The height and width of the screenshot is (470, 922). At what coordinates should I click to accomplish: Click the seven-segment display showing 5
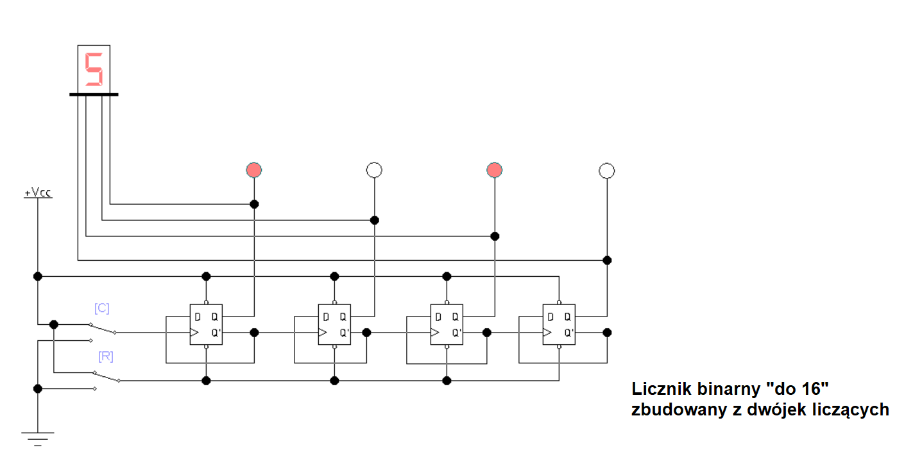[x=94, y=68]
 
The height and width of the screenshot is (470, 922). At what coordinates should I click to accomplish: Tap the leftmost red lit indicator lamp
[x=254, y=170]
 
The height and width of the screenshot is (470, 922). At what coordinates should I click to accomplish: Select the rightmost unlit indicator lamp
[x=606, y=170]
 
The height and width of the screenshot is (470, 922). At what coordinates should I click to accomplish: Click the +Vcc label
[x=38, y=192]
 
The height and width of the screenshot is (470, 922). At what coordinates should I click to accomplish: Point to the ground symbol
[x=38, y=438]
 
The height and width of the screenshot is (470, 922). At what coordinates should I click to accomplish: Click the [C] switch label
[x=101, y=308]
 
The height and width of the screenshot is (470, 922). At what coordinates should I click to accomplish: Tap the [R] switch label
[x=106, y=356]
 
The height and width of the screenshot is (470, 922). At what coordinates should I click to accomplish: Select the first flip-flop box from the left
[x=205, y=324]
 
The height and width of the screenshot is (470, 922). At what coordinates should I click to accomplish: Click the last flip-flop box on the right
[x=559, y=324]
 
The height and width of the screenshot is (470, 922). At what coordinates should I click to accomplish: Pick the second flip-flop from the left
[x=334, y=324]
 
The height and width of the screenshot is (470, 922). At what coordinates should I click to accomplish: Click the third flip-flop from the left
[x=446, y=324]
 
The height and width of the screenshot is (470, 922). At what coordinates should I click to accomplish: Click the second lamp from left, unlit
[x=374, y=170]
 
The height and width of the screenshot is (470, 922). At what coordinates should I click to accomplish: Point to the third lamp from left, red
[x=494, y=170]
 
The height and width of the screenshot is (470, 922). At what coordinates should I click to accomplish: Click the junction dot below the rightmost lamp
[x=607, y=260]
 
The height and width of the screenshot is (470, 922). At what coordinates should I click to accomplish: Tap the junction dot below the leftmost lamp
[x=254, y=204]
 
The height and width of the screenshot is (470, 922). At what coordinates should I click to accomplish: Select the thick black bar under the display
[x=94, y=94]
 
